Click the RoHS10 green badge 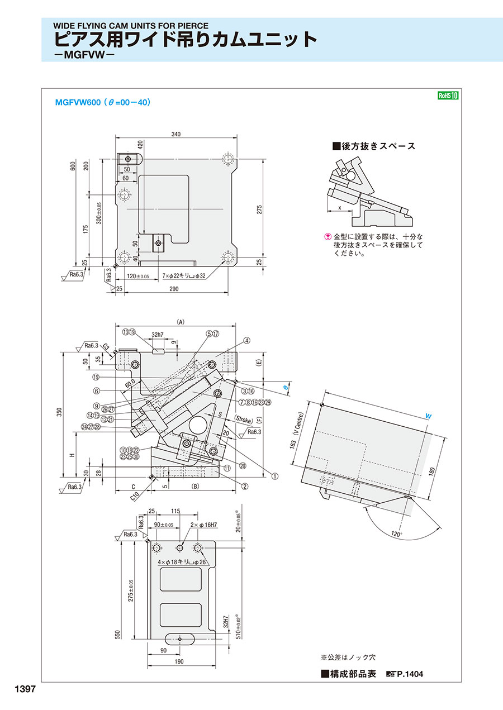[448, 96]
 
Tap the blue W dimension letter [428, 416]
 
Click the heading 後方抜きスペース [374, 146]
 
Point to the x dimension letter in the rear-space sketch [339, 207]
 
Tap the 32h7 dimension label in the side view [158, 335]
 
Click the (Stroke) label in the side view [244, 418]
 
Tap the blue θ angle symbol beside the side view [285, 386]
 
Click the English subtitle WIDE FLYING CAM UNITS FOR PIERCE [131, 25]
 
